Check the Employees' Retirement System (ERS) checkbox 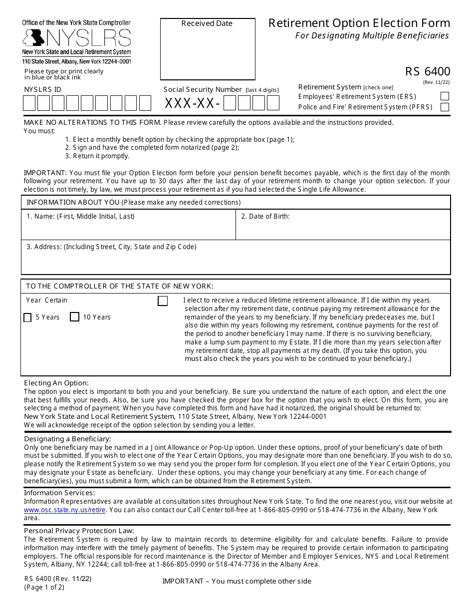(445, 96)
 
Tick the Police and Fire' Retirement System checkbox (445, 107)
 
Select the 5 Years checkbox (28, 317)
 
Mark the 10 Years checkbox (75, 317)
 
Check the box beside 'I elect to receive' (163, 301)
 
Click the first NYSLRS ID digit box (29, 103)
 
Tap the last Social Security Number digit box (273, 103)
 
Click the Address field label (111, 247)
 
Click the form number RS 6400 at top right (428, 71)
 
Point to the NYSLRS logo (77, 38)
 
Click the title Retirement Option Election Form (359, 23)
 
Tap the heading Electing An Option (56, 383)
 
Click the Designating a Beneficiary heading (67, 439)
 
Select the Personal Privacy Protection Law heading (79, 531)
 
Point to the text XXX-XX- (193, 103)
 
